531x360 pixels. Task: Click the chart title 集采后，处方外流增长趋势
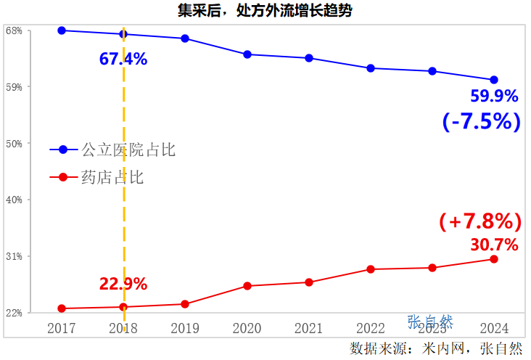pyautogui.click(x=265, y=10)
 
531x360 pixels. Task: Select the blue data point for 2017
pyautogui.click(x=62, y=30)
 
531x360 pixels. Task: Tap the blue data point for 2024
pyautogui.click(x=494, y=80)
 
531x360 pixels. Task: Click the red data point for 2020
pyautogui.click(x=247, y=286)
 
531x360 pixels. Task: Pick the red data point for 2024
pyautogui.click(x=494, y=259)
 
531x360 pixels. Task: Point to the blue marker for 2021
pyautogui.click(x=309, y=58)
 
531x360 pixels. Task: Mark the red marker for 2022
pyautogui.click(x=371, y=269)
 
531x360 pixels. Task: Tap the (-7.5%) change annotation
pyautogui.click(x=482, y=121)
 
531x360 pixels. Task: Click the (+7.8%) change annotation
pyautogui.click(x=480, y=221)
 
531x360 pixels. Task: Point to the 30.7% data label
pyautogui.click(x=494, y=245)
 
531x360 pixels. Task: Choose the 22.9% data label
pyautogui.click(x=123, y=284)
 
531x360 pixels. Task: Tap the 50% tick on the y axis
pyautogui.click(x=14, y=144)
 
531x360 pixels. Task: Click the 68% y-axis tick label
pyautogui.click(x=14, y=30)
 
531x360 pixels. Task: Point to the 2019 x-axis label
pyautogui.click(x=185, y=328)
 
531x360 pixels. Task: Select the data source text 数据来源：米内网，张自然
pyautogui.click(x=436, y=348)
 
